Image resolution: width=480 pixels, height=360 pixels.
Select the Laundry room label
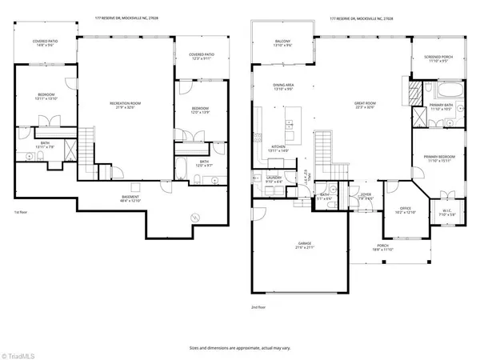(x=273, y=180)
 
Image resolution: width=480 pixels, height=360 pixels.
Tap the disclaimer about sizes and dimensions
(x=239, y=348)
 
